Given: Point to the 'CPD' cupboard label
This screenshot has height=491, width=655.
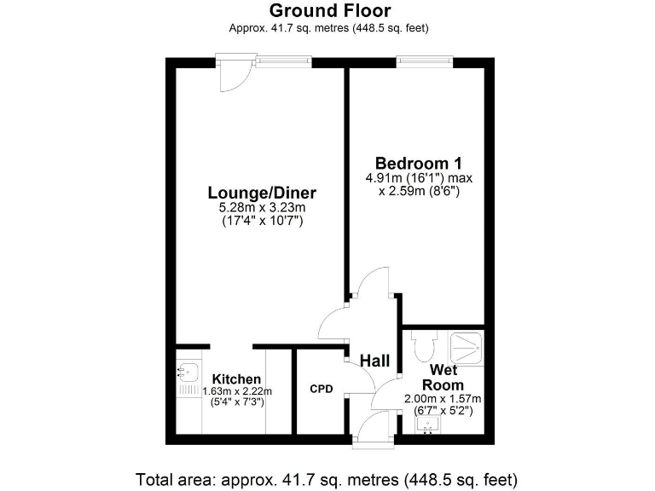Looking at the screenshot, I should coord(321,390).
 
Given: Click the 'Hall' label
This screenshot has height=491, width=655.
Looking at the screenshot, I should coord(374,361).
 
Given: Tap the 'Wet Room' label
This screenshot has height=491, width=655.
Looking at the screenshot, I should coord(444,377).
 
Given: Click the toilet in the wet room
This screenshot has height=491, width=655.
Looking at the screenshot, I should coord(424,344).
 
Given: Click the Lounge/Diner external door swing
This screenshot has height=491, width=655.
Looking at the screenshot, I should coord(232,77).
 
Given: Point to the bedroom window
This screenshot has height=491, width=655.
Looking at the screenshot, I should coord(424,61).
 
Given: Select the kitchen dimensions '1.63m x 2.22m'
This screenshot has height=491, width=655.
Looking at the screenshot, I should coord(237,390).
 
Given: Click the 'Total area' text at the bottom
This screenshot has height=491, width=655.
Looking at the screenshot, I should coord(327,477).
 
